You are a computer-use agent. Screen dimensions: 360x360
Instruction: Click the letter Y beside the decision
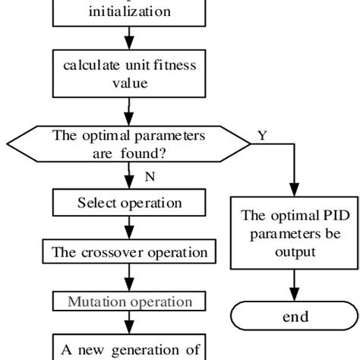pyautogui.click(x=262, y=135)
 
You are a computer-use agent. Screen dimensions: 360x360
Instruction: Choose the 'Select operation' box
pyautogui.click(x=129, y=203)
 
